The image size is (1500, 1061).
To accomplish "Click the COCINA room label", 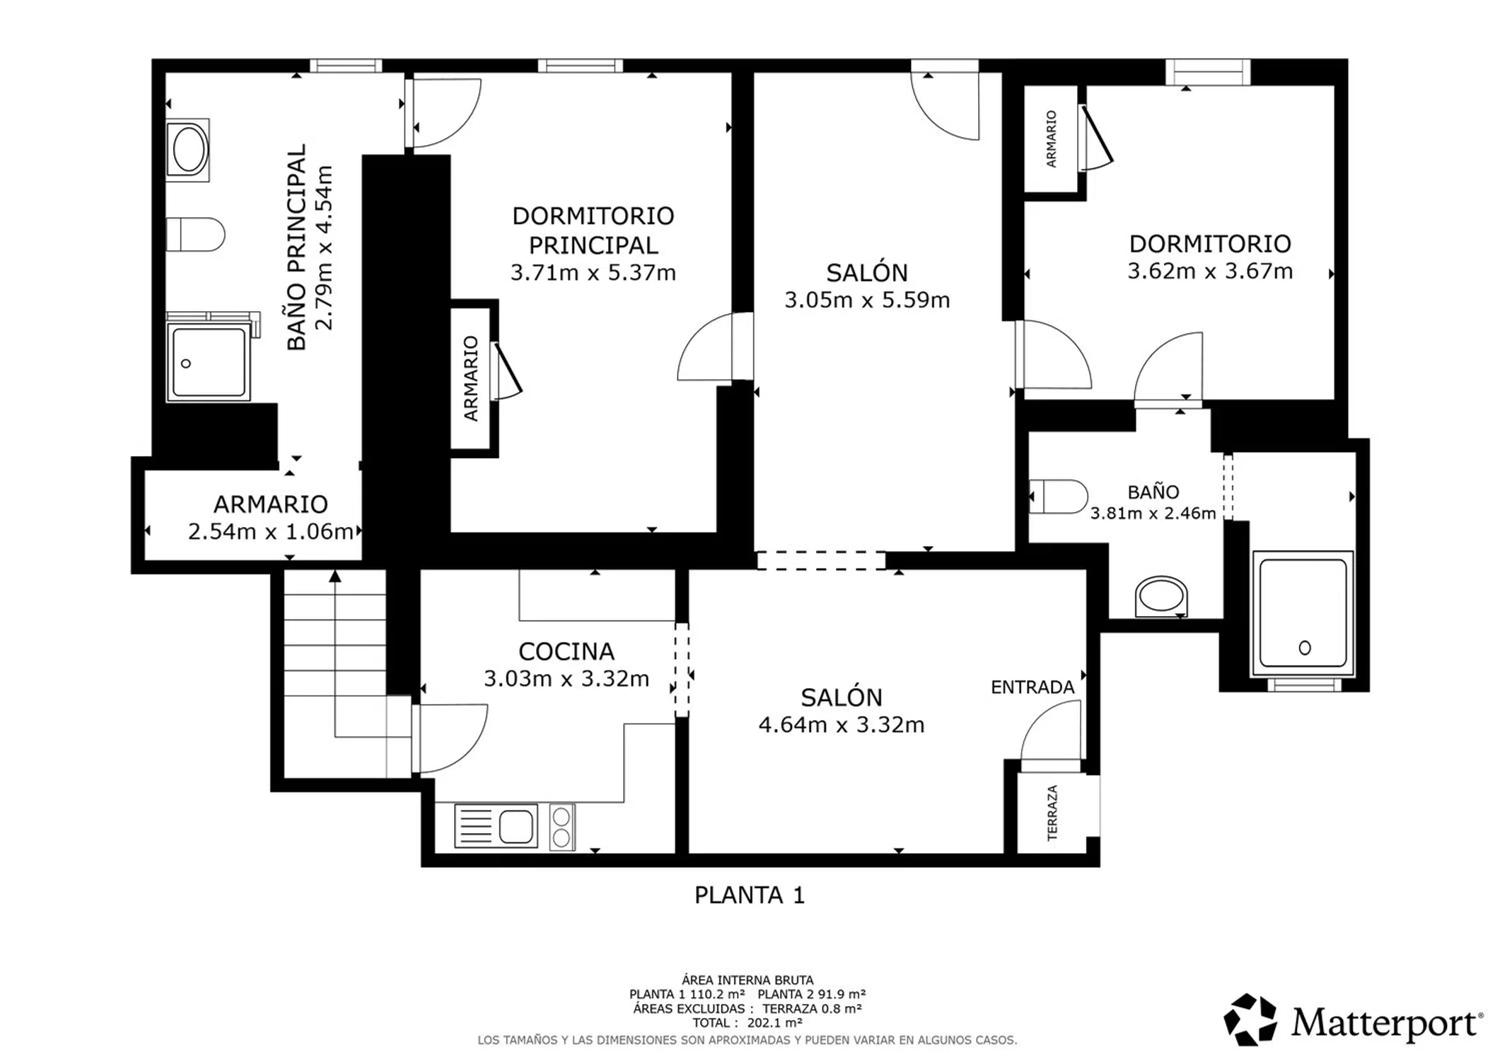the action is tap(566, 651).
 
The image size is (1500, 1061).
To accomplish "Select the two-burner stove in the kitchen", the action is tap(562, 827).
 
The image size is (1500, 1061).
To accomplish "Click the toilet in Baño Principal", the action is tap(195, 234).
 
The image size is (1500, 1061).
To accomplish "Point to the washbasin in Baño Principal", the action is tap(188, 150).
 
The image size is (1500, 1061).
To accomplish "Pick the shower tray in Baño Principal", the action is tap(209, 361).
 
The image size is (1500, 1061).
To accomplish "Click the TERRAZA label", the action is tap(1052, 813).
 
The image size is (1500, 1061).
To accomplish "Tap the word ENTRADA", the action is tap(1033, 687).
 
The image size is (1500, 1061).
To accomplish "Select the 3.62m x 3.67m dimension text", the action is tap(1210, 271).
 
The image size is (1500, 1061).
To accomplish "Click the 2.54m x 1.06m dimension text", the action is tap(270, 531).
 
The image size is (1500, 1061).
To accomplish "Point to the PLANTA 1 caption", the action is tap(750, 895).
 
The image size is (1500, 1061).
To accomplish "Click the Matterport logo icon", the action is tap(1250, 1019).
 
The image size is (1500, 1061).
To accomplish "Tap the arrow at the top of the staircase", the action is tap(335, 576).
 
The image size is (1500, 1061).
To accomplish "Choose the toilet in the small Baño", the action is tap(1058, 497).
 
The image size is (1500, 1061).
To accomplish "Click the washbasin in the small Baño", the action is tap(1161, 597).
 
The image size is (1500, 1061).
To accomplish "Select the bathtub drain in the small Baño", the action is tap(1305, 647).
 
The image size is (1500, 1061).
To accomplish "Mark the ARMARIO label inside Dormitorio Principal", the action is tap(471, 378).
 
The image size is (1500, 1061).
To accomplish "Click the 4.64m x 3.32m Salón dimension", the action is tap(842, 725).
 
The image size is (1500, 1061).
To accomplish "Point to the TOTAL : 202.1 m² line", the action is tap(748, 1023).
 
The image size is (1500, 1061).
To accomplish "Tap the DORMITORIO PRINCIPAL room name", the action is tap(593, 231).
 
